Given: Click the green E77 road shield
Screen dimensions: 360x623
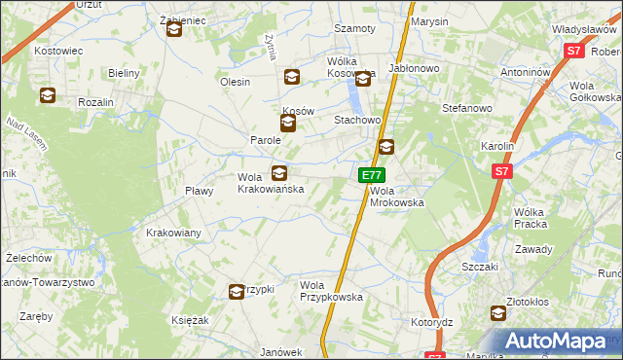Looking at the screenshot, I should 370,175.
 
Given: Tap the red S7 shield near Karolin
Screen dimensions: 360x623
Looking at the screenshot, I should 501,172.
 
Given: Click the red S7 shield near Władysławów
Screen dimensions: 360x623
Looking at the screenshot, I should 573,51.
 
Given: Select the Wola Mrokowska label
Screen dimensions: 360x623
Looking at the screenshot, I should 397,197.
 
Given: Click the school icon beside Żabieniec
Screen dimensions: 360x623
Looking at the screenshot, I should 174,30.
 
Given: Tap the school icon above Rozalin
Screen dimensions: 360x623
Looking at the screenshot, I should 48,95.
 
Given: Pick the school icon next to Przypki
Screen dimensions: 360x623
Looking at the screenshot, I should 237,291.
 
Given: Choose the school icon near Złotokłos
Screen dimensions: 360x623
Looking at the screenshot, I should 498,313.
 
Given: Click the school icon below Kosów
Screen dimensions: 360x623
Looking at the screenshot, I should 287,124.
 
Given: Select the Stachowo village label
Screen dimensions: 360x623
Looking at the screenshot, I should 356,120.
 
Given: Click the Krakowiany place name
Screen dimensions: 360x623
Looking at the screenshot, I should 173,233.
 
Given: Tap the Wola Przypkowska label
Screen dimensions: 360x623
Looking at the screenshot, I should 331,291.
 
